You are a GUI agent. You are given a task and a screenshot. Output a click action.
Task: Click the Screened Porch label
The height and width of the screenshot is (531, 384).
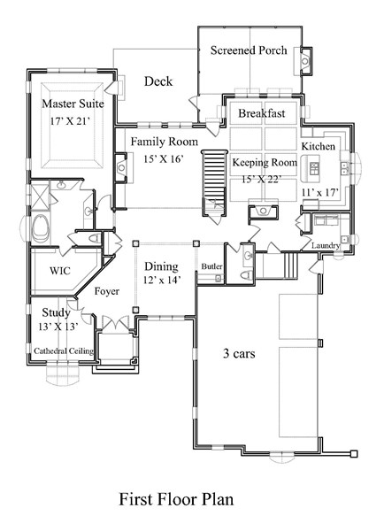[x=249, y=50]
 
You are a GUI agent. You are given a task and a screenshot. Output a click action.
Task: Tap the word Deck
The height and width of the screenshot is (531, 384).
[x=158, y=81]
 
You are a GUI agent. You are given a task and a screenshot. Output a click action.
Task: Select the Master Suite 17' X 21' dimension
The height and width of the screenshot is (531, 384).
[x=71, y=121]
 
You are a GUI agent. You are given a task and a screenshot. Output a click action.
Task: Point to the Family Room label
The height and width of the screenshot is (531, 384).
[x=165, y=142]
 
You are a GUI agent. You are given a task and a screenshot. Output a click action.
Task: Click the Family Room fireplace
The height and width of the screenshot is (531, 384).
[x=121, y=167]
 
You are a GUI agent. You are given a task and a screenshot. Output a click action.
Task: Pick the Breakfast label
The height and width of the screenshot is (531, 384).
[x=262, y=113]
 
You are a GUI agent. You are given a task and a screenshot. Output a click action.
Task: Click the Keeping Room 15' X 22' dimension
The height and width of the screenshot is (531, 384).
[x=261, y=179]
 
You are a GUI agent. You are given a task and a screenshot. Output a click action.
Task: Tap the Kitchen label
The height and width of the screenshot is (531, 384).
[x=318, y=146]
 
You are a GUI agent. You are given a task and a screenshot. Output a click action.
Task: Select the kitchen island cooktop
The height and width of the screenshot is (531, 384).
[x=314, y=168]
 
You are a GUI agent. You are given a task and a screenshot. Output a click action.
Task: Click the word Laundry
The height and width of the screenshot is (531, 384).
[x=326, y=245]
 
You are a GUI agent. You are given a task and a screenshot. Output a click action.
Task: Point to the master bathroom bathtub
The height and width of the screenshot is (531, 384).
[x=41, y=229]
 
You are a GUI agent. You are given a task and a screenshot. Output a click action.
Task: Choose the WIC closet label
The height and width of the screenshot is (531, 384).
[x=60, y=271]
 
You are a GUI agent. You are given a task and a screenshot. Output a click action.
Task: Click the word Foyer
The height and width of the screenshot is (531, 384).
[x=107, y=291]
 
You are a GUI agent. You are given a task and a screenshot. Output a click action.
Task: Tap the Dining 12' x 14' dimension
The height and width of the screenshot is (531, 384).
[x=161, y=280]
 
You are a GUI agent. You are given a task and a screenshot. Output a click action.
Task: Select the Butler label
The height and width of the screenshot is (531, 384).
[x=211, y=266]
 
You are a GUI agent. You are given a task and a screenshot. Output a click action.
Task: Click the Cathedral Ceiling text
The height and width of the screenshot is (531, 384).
[x=64, y=350]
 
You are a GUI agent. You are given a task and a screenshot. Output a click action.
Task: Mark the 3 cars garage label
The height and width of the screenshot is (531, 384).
[x=239, y=353]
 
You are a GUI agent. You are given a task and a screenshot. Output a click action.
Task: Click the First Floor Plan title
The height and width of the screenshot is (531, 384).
[x=176, y=499]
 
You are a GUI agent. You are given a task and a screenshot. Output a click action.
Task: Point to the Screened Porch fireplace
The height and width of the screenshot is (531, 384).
[x=305, y=61]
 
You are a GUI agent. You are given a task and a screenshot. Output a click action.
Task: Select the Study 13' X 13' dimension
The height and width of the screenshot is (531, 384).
[x=58, y=327]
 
